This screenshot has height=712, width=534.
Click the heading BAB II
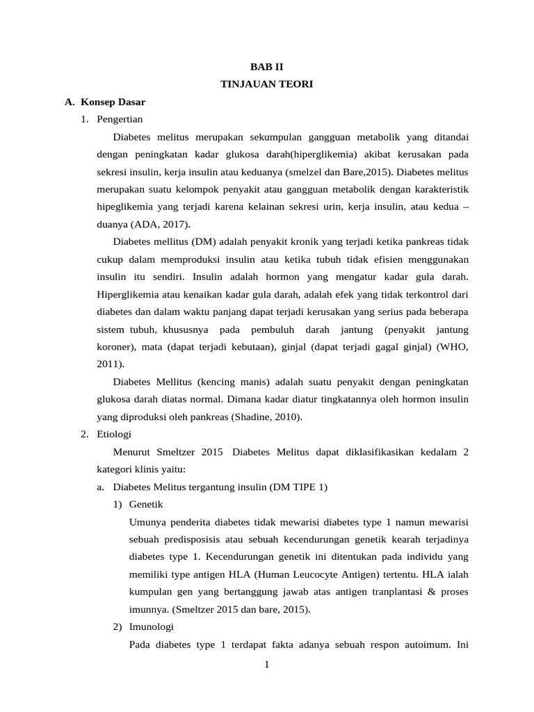[x=267, y=67]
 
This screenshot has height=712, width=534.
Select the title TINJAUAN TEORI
[x=267, y=84]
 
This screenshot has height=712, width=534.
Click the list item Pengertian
[x=120, y=119]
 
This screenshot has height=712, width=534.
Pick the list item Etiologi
[x=114, y=435]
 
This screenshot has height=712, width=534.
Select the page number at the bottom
[x=266, y=665]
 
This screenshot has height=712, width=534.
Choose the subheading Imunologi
[x=152, y=626]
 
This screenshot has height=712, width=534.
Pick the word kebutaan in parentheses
[x=237, y=346]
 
